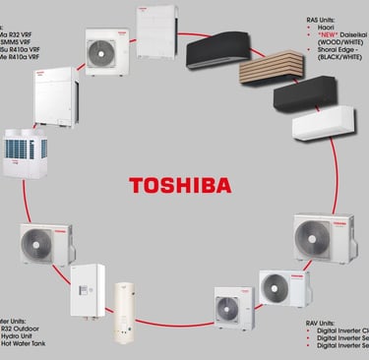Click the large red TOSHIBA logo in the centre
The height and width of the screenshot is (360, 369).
[x=181, y=184]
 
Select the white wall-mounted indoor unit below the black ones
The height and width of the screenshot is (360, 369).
[x=316, y=125]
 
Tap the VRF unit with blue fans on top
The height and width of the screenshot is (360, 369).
[x=22, y=153]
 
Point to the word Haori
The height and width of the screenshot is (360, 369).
[x=324, y=28]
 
